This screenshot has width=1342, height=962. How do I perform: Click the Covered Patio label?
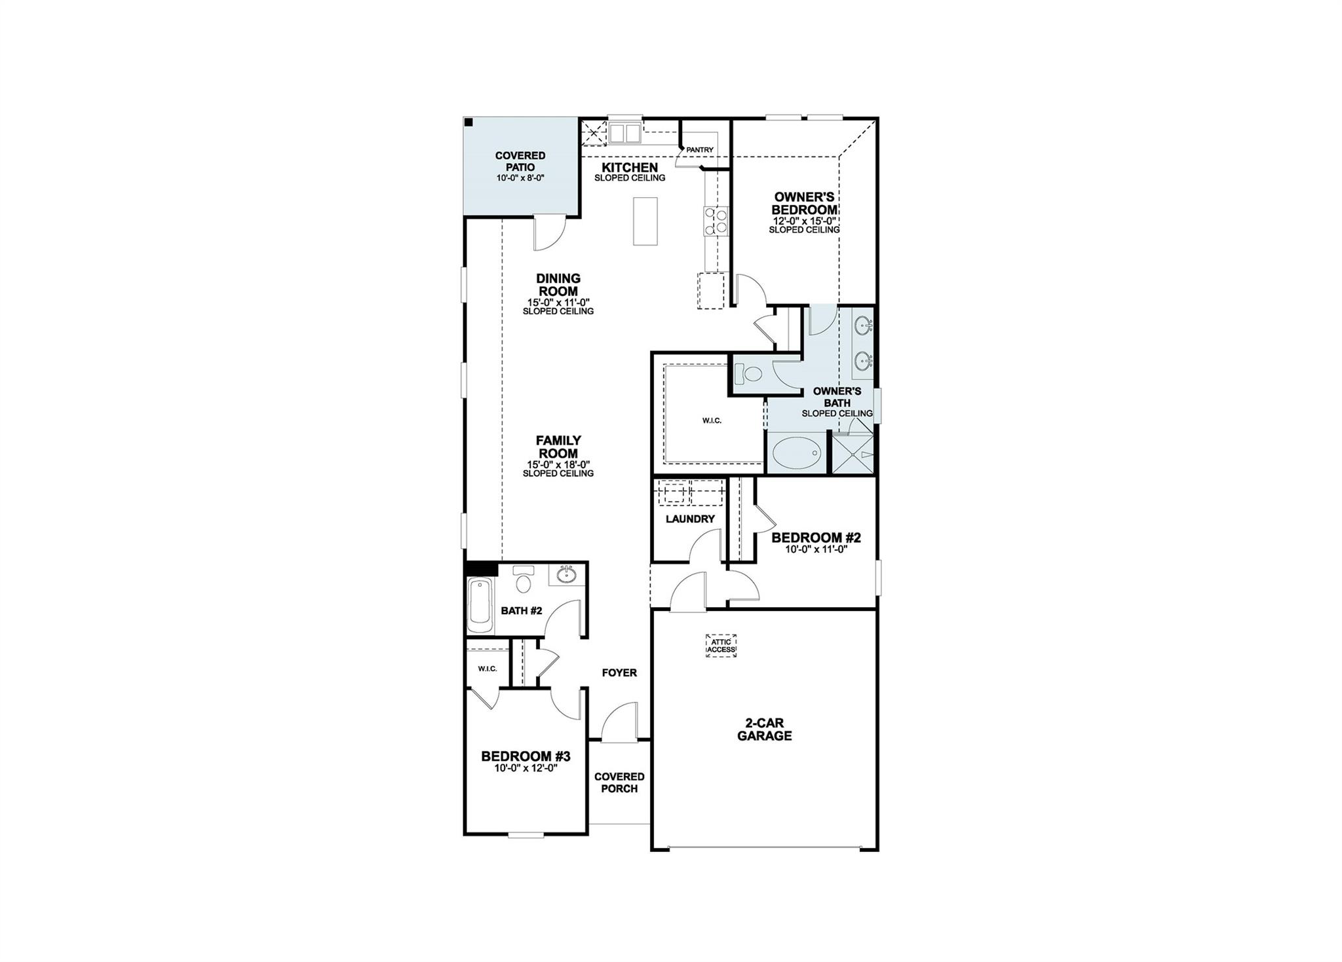(520, 161)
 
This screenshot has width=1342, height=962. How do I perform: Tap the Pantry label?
(699, 150)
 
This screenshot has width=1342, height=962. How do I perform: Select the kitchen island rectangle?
(645, 221)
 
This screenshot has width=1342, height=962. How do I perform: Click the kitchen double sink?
(624, 134)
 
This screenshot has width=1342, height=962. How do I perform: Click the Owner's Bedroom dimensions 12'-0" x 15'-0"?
(804, 221)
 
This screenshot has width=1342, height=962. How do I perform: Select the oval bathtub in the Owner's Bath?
(797, 452)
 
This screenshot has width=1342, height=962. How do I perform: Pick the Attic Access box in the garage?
(721, 646)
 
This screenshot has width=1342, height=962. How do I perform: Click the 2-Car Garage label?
(764, 730)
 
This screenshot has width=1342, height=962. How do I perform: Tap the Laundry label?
(690, 519)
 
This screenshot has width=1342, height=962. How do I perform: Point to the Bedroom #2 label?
(816, 538)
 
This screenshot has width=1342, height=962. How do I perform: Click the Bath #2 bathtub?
(480, 604)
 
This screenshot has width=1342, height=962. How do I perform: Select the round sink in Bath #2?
(566, 575)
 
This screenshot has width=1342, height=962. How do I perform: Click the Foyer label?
(619, 673)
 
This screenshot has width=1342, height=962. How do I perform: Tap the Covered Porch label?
(619, 783)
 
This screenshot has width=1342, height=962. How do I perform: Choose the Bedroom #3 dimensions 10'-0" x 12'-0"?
(526, 768)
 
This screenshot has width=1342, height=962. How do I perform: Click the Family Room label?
(558, 447)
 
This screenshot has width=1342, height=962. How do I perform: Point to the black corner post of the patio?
(469, 122)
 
